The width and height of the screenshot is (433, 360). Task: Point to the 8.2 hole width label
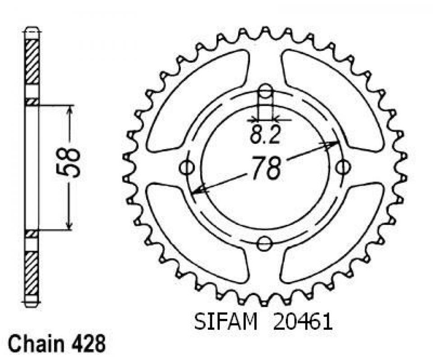tap(265, 135)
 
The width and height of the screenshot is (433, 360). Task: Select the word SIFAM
tap(226, 322)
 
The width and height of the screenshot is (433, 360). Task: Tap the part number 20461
tap(302, 322)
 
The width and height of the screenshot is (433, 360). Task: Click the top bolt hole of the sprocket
tap(265, 92)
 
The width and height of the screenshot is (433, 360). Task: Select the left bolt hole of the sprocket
tap(187, 167)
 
